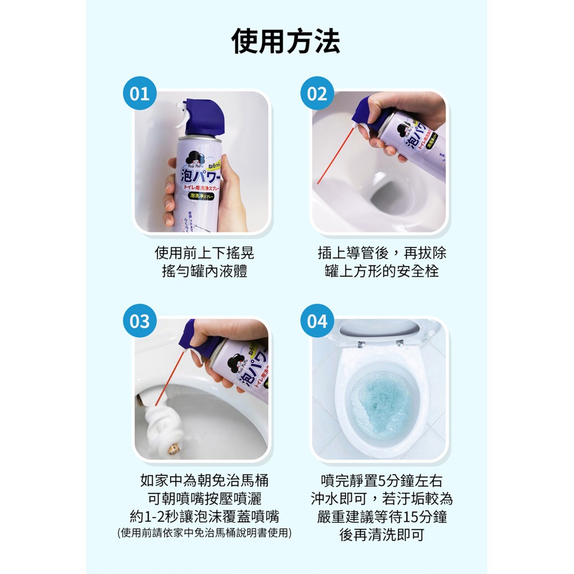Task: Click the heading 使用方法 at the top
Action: (286, 42)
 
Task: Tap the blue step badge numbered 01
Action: (139, 94)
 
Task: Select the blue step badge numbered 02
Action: (317, 94)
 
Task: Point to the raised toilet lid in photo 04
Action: (378, 332)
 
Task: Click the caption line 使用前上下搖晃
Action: (204, 253)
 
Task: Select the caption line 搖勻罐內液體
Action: (204, 271)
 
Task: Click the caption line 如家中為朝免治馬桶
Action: (204, 481)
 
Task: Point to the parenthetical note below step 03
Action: (204, 533)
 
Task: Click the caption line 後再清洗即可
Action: (382, 535)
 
